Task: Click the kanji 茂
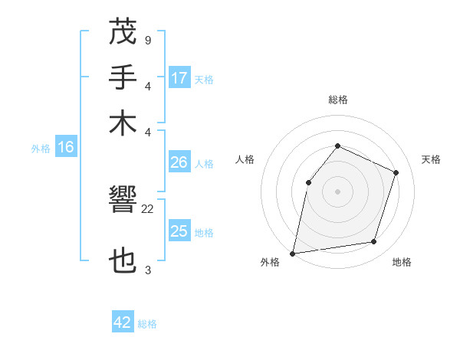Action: [x=123, y=33]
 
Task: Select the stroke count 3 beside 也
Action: [x=147, y=270]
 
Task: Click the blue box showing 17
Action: [x=179, y=78]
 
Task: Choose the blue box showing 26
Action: [x=179, y=162]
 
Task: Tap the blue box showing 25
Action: [x=179, y=231]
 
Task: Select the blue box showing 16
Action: [x=65, y=148]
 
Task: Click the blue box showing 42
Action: [x=123, y=322]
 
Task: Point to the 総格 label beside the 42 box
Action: [x=147, y=324]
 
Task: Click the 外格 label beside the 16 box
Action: [x=41, y=149]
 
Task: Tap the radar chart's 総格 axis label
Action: [x=337, y=100]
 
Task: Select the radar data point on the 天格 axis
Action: [x=396, y=172]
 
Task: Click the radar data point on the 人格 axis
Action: [x=308, y=182]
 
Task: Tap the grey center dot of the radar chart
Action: [x=337, y=191]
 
